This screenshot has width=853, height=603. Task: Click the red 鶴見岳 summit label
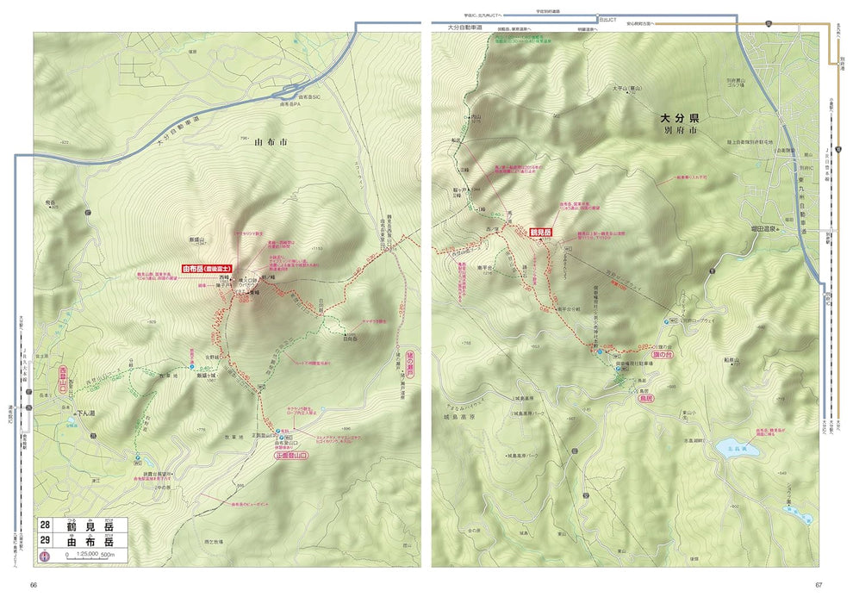[x=540, y=233]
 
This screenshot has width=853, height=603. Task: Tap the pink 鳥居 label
[x=646, y=400]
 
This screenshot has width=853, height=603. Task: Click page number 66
[x=34, y=586]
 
